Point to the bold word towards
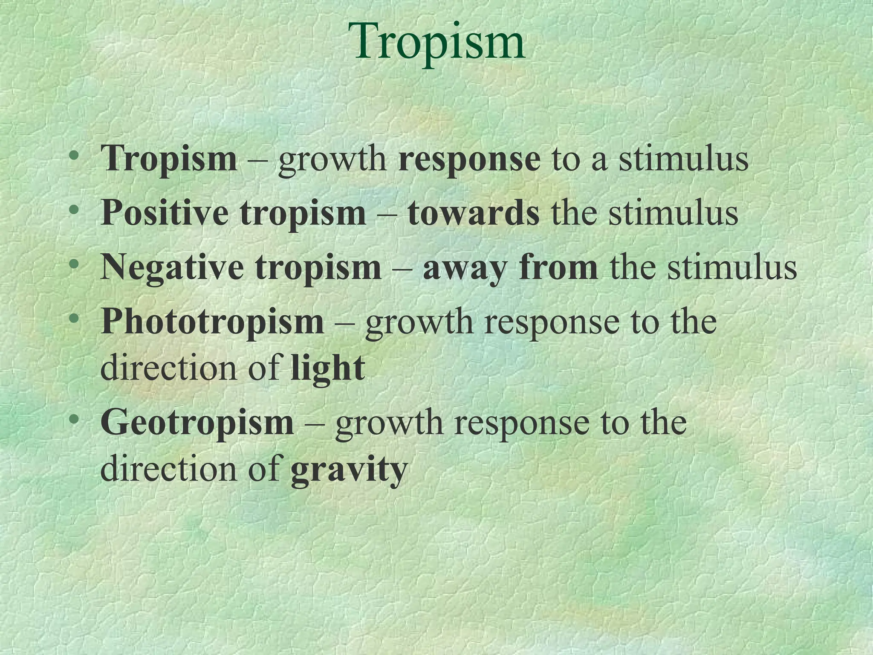tap(473, 213)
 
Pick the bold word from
tap(559, 267)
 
